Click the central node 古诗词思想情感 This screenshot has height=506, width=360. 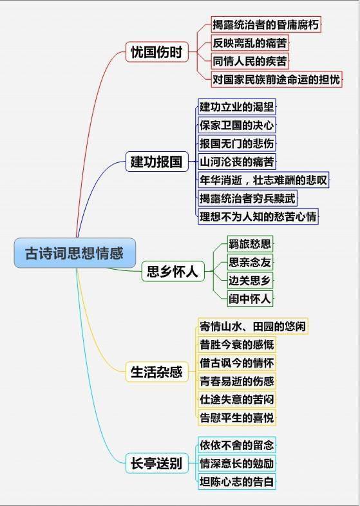75,253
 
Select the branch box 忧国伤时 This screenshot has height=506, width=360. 157,52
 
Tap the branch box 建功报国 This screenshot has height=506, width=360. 157,162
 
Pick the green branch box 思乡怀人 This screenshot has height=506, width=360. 173,272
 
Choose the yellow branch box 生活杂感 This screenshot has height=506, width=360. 157,371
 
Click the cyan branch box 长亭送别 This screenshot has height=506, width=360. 157,463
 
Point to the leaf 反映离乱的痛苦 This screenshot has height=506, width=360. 250,42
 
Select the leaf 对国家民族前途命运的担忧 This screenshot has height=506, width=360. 277,79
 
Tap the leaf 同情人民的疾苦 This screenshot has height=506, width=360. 250,61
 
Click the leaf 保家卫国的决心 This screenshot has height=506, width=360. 236,125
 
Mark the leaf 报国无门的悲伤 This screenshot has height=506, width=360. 236,144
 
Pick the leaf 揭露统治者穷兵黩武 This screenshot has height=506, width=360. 247,198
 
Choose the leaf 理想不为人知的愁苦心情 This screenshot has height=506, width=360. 258,216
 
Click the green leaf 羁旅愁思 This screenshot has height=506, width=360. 250,243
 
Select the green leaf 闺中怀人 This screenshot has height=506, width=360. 250,299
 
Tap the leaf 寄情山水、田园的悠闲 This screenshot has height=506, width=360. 253,326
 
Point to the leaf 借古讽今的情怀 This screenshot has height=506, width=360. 236,362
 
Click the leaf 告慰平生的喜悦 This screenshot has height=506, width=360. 236,418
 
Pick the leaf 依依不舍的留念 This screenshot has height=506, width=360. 236,445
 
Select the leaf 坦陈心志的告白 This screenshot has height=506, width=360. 236,482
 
